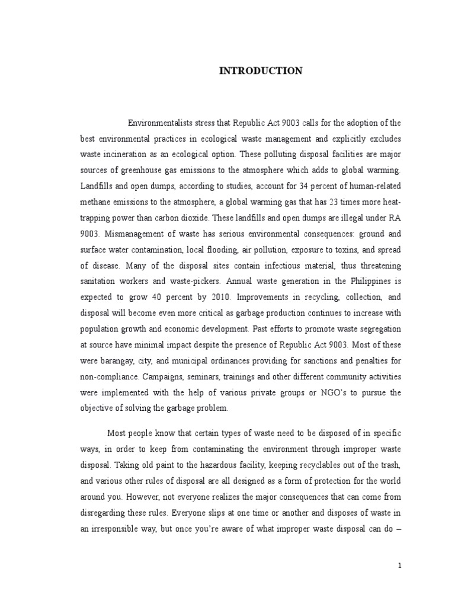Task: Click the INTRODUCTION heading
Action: point(261,71)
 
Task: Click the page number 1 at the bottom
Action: point(400,566)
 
